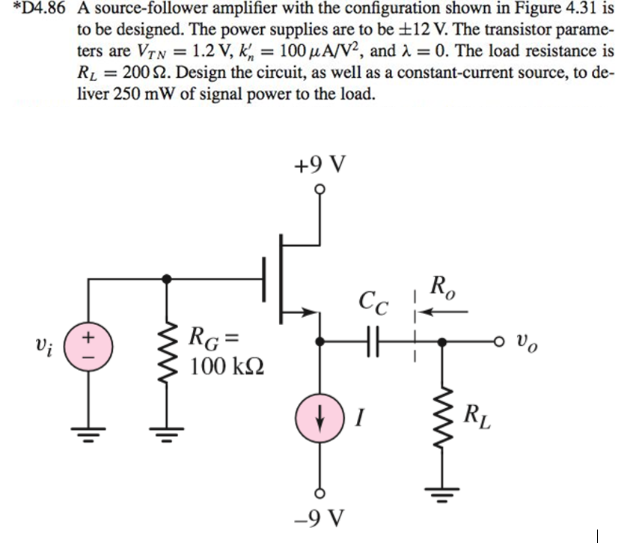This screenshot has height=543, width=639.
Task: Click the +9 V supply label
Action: click(x=320, y=163)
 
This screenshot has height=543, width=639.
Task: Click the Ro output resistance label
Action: click(x=441, y=287)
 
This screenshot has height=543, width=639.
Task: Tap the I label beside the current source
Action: click(x=358, y=415)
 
